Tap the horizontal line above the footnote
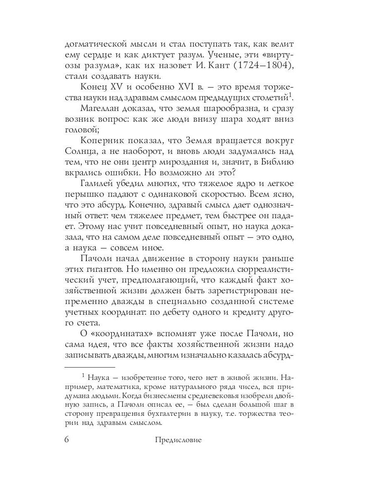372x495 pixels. coord(90,366)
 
